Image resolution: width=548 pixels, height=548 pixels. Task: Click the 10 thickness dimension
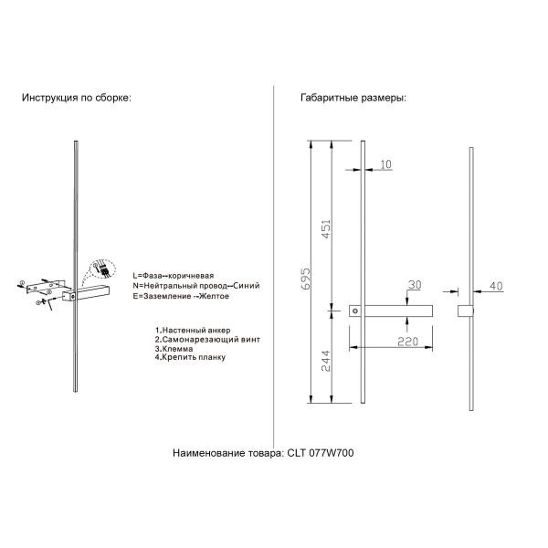pyautogui.click(x=386, y=165)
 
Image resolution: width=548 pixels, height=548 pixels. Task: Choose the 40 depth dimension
pyautogui.click(x=496, y=286)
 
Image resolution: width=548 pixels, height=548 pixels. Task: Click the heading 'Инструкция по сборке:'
pyautogui.click(x=77, y=98)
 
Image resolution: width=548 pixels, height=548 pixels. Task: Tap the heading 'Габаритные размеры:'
pyautogui.click(x=353, y=98)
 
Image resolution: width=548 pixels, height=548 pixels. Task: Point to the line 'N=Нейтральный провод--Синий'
pyautogui.click(x=195, y=286)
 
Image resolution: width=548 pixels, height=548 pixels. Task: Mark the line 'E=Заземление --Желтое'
pyautogui.click(x=181, y=297)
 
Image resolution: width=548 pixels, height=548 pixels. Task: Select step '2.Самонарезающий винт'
pyautogui.click(x=206, y=338)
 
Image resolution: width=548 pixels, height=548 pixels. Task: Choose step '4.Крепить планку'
pyautogui.click(x=190, y=357)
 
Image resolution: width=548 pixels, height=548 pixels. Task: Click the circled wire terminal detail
pyautogui.click(x=102, y=270)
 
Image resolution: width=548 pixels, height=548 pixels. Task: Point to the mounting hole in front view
pyautogui.click(x=356, y=311)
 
